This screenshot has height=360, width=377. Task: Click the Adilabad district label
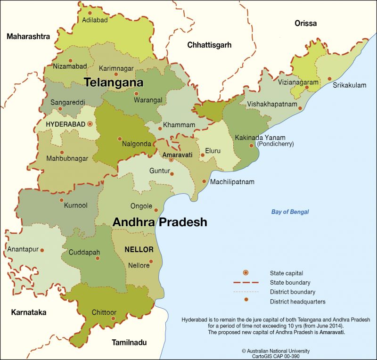(95, 20)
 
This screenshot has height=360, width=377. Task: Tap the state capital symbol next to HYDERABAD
(90, 124)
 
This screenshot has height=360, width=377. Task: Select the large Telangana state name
(114, 82)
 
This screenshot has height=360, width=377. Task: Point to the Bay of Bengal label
(290, 212)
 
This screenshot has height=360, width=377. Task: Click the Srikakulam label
(349, 85)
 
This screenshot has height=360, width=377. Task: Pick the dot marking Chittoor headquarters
(113, 319)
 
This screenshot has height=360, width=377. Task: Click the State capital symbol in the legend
(246, 273)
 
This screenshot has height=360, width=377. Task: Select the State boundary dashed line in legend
(246, 283)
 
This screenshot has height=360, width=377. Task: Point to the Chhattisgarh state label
(209, 45)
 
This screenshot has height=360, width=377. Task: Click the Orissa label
(305, 23)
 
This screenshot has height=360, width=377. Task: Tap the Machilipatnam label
(232, 182)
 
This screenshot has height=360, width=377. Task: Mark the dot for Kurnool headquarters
(61, 200)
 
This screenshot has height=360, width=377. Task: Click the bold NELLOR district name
(139, 249)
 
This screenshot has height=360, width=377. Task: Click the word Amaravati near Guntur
(177, 155)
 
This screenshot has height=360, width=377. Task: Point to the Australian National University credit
(276, 351)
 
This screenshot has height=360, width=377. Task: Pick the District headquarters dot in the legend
(246, 301)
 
